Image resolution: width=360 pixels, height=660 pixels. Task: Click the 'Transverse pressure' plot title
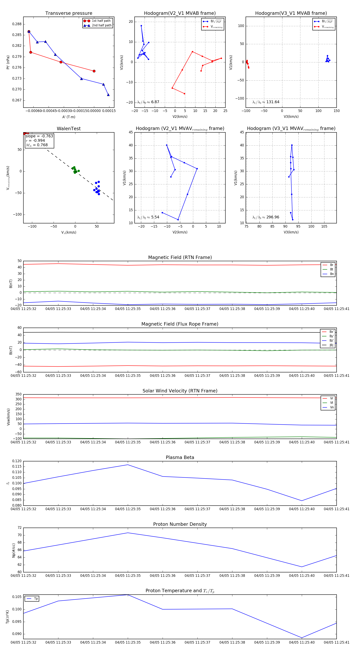69,13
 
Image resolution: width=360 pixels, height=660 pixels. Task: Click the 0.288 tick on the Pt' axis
17,24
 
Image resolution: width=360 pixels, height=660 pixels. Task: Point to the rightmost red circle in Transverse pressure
94,71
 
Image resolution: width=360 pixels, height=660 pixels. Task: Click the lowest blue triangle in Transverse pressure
108,95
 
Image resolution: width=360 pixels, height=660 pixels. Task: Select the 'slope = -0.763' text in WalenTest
39,136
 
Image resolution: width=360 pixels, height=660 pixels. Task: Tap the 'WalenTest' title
69,129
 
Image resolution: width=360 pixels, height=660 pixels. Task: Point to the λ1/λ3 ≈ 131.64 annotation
266,102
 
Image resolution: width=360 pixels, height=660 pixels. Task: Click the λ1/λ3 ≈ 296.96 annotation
266,217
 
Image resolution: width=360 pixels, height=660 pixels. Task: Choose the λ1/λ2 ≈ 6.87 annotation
148,102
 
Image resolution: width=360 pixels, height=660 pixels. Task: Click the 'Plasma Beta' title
180,457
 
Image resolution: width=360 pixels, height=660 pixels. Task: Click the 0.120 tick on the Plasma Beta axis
17,461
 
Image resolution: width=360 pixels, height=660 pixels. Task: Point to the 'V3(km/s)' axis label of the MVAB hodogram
291,117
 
